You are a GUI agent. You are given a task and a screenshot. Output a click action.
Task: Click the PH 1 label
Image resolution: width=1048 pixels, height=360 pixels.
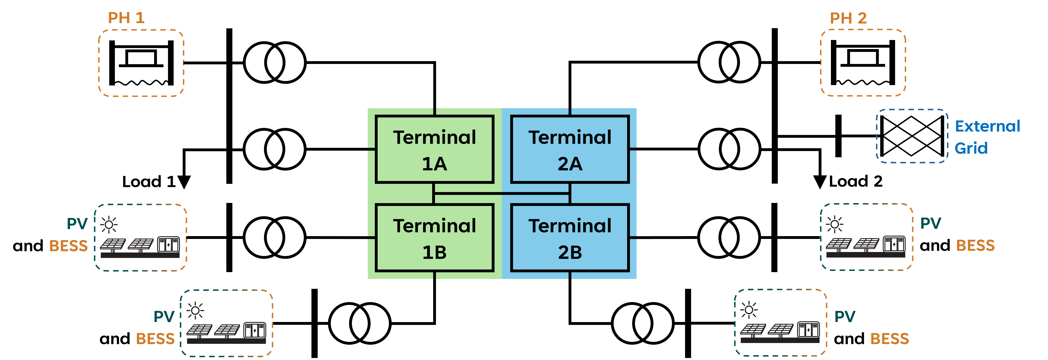(x=126, y=18)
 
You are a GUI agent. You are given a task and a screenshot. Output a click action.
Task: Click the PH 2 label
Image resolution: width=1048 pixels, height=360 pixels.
(x=848, y=18)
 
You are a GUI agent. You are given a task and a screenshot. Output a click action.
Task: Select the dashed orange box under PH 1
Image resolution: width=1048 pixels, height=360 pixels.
(x=141, y=63)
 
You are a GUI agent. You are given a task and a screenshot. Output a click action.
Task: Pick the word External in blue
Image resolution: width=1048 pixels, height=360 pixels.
(x=987, y=126)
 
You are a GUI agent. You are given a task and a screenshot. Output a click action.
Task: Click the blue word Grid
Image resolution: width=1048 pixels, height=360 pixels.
(x=971, y=148)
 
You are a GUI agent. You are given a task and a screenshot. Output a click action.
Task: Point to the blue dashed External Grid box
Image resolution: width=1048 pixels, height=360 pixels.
(x=912, y=136)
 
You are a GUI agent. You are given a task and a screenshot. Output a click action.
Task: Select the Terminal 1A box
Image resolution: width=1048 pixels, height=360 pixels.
(x=435, y=149)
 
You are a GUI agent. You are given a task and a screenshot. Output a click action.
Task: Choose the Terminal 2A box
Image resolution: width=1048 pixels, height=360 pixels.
(x=570, y=149)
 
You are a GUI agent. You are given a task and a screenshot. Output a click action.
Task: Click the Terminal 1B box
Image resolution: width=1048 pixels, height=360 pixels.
(x=435, y=238)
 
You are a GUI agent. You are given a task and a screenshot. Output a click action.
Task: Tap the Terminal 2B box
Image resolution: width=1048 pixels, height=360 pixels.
(x=570, y=238)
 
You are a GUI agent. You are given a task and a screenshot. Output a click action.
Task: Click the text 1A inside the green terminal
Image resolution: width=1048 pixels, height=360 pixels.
(x=435, y=164)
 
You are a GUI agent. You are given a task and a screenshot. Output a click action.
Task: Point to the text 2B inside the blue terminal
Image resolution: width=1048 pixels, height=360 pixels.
(x=570, y=252)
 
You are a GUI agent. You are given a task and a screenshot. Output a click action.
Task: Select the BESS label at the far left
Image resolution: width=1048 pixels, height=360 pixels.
(x=68, y=246)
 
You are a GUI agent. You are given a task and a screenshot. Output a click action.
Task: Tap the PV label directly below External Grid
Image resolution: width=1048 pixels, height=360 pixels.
(x=931, y=223)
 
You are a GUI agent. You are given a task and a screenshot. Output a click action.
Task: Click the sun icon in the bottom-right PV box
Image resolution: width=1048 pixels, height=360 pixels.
(x=749, y=310)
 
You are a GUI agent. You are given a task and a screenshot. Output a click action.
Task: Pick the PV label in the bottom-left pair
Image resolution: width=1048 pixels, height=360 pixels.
(x=164, y=317)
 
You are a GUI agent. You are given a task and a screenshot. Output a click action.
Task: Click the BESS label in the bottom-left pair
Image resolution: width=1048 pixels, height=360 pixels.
(x=155, y=338)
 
